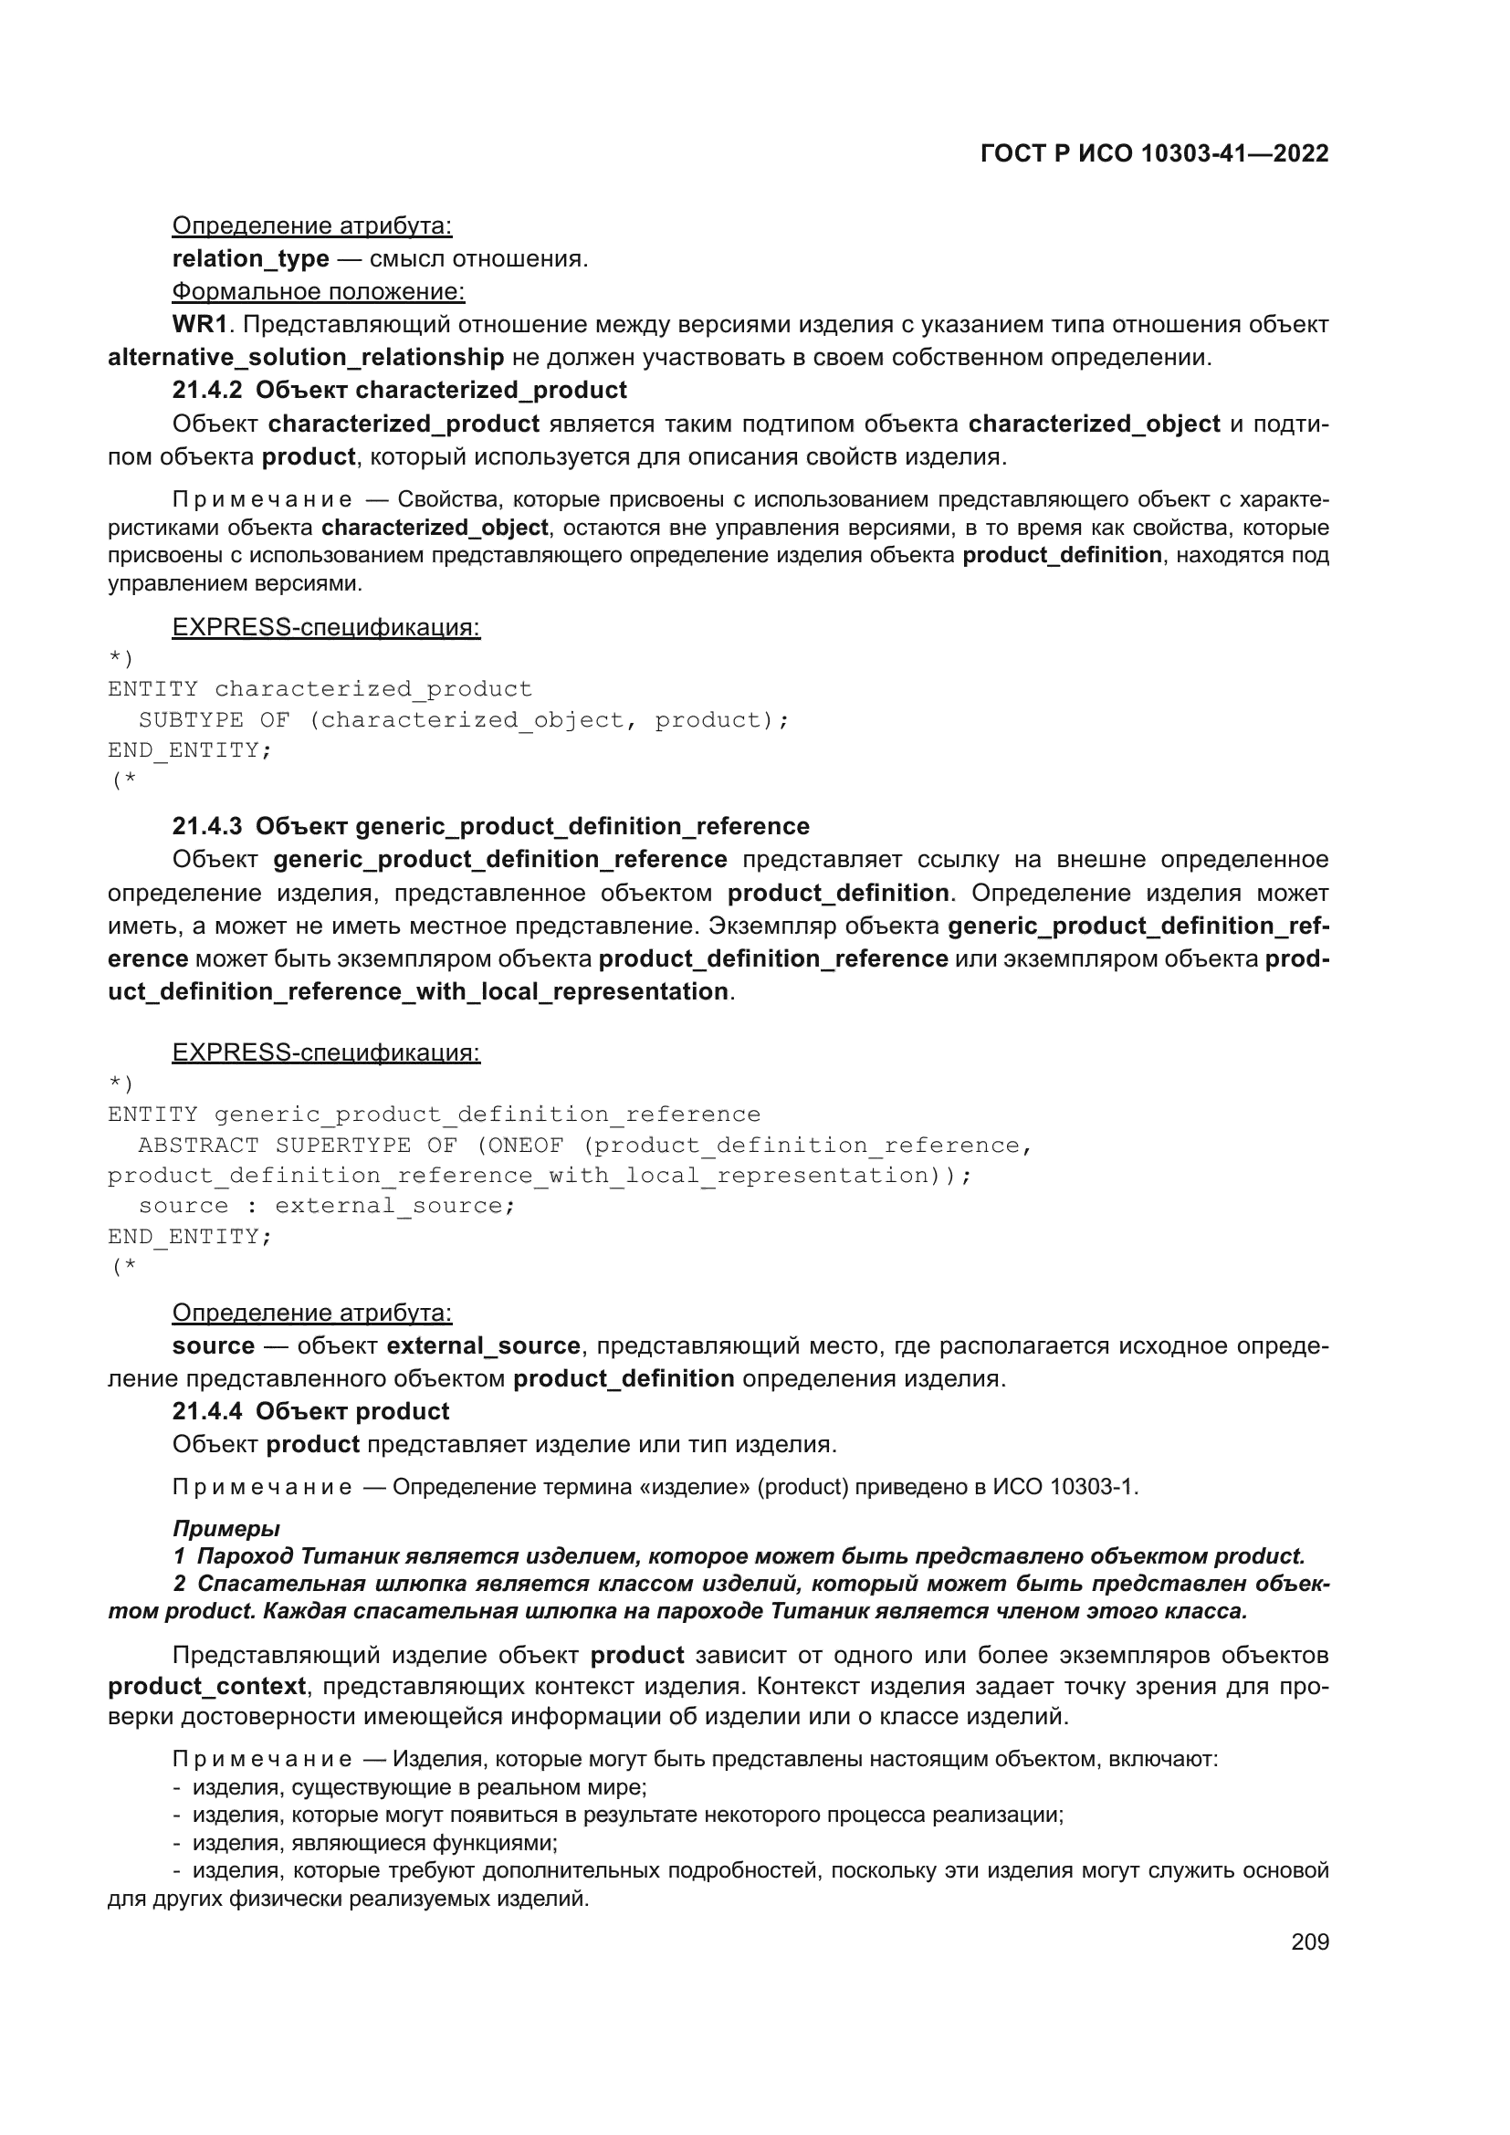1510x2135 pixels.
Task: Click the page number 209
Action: coord(1309,1941)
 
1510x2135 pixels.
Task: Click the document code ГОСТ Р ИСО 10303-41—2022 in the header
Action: coord(1154,154)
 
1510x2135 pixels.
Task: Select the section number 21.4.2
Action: coord(206,390)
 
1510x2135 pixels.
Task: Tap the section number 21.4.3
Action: coord(206,826)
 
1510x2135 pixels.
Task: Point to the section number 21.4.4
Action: coord(206,1410)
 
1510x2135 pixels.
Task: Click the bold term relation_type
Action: coord(250,258)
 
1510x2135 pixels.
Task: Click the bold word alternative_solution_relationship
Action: coord(306,357)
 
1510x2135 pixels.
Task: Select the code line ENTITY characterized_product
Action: coord(320,689)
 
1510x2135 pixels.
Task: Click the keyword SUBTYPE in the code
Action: coord(191,719)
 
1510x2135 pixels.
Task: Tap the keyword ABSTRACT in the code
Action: coord(198,1145)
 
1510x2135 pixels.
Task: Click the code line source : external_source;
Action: coord(326,1206)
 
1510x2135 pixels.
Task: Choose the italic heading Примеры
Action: coord(225,1528)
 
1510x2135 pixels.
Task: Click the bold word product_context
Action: coord(206,1686)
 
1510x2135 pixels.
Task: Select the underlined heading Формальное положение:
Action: coord(318,292)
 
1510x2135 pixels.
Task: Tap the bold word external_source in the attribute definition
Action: coord(483,1345)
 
